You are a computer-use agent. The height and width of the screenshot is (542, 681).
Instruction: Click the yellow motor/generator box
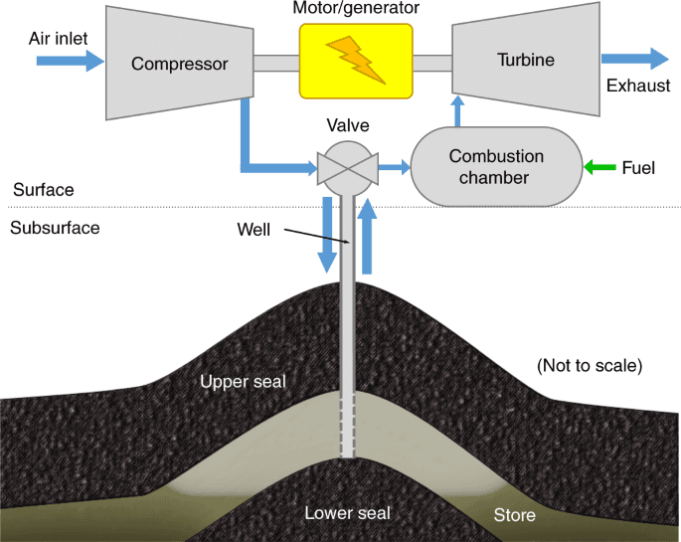[355, 62]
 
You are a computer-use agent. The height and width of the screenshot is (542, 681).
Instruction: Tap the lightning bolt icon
[355, 61]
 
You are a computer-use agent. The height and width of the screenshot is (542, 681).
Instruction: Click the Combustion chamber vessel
[496, 167]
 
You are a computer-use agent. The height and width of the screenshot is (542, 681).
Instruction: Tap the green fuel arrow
[599, 167]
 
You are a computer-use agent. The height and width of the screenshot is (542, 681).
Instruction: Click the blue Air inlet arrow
[70, 61]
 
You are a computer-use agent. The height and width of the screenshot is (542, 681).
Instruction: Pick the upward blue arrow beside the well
[367, 237]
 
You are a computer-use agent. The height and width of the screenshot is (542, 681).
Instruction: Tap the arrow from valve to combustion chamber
[396, 167]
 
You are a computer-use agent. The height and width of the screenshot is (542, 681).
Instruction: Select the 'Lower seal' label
[347, 513]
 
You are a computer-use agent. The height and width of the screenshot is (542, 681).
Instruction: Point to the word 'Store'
[515, 514]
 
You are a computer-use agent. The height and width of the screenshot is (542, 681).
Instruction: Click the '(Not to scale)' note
[590, 365]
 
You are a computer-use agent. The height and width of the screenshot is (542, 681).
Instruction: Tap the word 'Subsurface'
[55, 228]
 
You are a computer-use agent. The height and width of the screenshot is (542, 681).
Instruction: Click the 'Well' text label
[254, 229]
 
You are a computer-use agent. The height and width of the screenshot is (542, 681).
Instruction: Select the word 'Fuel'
[638, 167]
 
